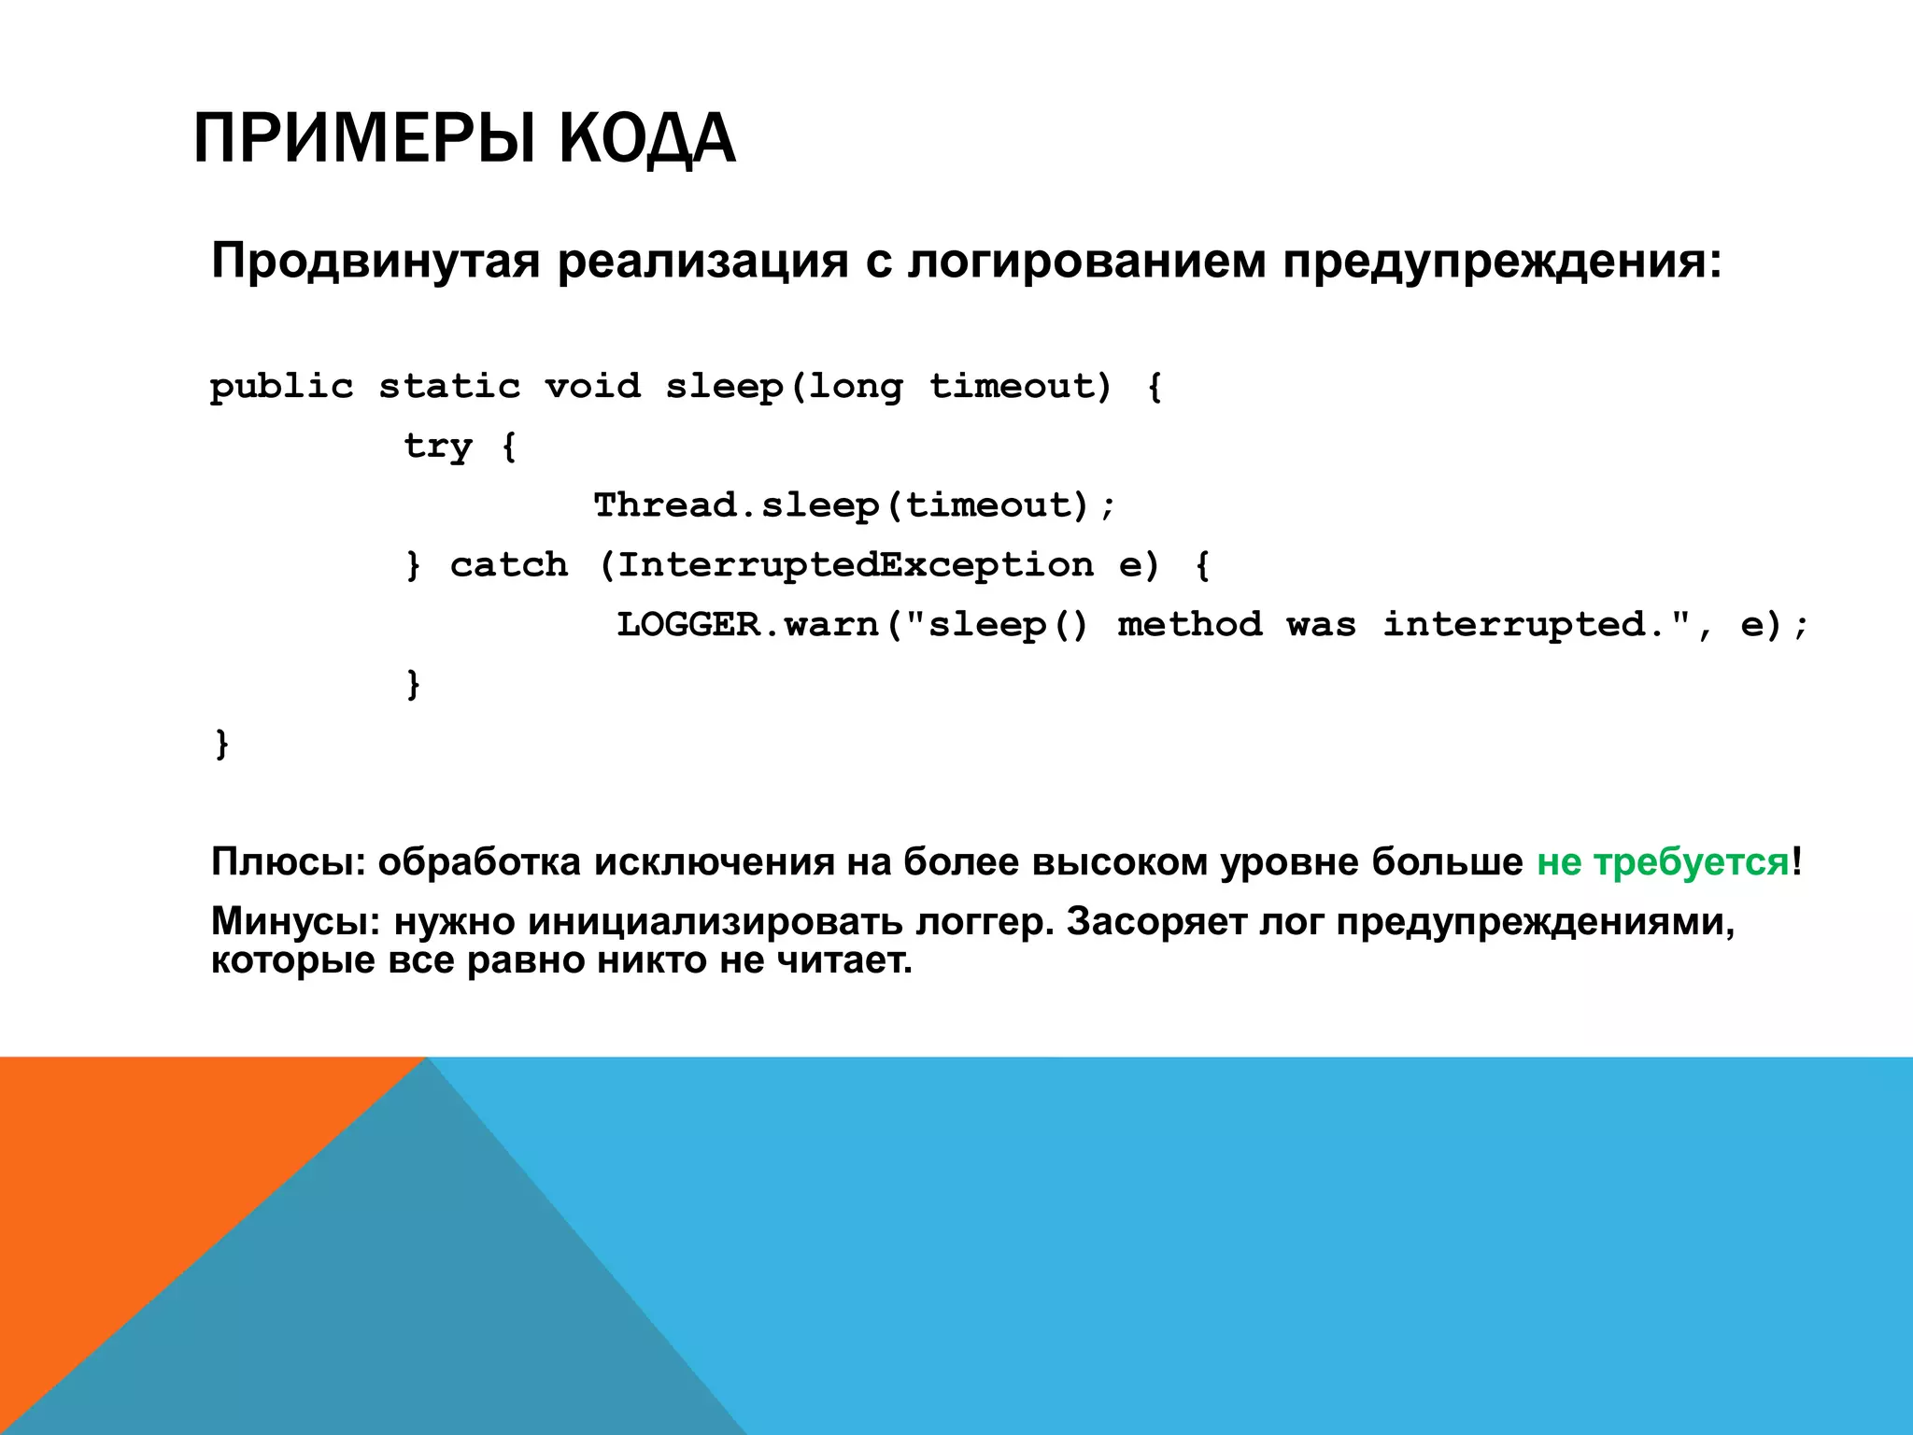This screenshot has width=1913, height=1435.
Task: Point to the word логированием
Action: [x=1087, y=262]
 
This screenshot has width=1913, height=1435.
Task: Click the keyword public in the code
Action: [x=281, y=387]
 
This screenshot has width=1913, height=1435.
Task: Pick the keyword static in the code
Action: [x=449, y=387]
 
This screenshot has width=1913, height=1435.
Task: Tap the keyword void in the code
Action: [x=592, y=387]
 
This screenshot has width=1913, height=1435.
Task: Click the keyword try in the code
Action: [x=437, y=447]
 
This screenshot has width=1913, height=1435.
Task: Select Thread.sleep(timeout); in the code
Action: [x=855, y=505]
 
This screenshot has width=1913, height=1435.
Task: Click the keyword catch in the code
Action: [x=509, y=565]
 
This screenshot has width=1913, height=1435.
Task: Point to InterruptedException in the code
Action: [x=855, y=565]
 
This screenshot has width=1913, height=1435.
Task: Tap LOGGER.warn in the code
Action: [x=747, y=625]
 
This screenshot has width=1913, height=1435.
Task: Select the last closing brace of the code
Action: [x=221, y=745]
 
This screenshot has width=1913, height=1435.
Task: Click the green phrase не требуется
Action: [x=1663, y=861]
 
